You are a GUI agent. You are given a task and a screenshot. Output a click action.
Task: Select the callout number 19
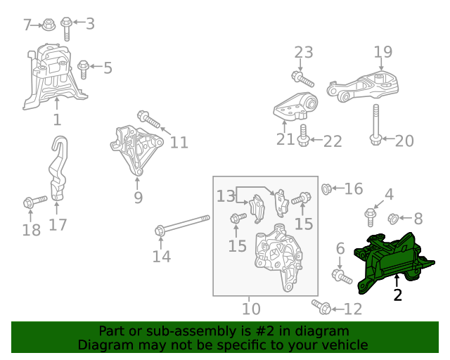pyautogui.click(x=382, y=52)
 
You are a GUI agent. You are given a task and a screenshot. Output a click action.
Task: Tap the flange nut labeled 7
pyautogui.click(x=48, y=25)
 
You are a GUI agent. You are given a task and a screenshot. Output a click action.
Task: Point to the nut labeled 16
pyautogui.click(x=326, y=188)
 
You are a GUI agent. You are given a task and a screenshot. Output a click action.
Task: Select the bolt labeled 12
pyautogui.click(x=321, y=307)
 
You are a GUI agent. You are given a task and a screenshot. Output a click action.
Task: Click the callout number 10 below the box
pyautogui.click(x=251, y=308)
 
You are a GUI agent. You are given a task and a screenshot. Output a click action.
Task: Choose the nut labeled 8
pyautogui.click(x=394, y=218)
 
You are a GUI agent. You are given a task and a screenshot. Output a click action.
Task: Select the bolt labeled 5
pyautogui.click(x=84, y=69)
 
